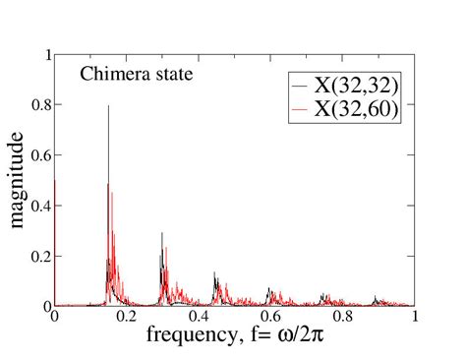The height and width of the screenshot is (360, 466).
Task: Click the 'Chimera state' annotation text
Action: [x=129, y=76]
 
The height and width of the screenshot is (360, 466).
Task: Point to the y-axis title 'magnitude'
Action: [x=19, y=183]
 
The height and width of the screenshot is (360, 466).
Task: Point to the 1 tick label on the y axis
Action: [x=46, y=55]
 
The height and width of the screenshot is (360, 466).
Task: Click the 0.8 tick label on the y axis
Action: [x=40, y=105]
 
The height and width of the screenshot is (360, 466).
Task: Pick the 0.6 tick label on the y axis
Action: [x=40, y=155]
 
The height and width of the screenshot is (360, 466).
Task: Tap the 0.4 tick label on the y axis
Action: [x=40, y=206]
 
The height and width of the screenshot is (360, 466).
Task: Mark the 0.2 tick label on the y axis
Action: [x=40, y=256]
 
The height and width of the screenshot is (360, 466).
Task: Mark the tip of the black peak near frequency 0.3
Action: [x=162, y=233]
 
